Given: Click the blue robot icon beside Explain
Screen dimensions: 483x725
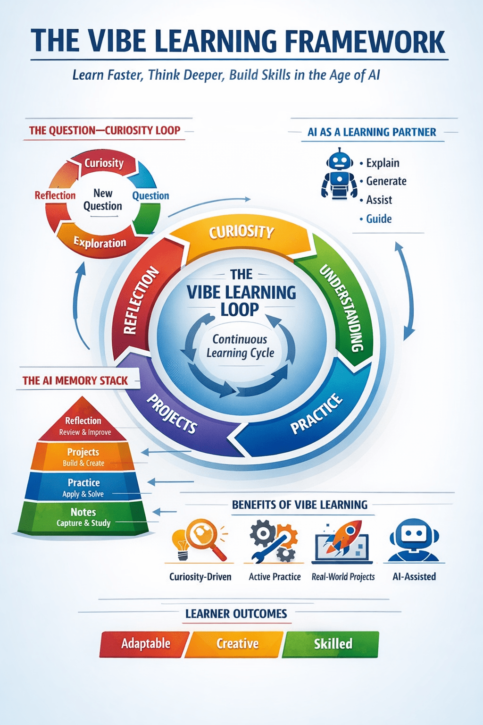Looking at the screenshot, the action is point(339,174).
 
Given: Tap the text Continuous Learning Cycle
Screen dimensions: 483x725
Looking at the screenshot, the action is point(240,346).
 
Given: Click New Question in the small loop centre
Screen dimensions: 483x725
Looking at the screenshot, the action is point(102,200).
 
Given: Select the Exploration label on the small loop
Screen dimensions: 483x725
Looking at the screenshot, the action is point(100,243).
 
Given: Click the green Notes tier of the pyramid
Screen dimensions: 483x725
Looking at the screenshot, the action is point(83,517).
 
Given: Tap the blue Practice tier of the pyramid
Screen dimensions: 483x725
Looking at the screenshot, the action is point(83,487).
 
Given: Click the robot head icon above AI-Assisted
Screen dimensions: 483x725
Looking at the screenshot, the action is point(414,540).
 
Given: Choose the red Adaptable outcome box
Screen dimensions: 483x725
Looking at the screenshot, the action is point(145,644).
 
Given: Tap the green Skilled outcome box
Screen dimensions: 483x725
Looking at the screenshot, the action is point(332,644).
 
